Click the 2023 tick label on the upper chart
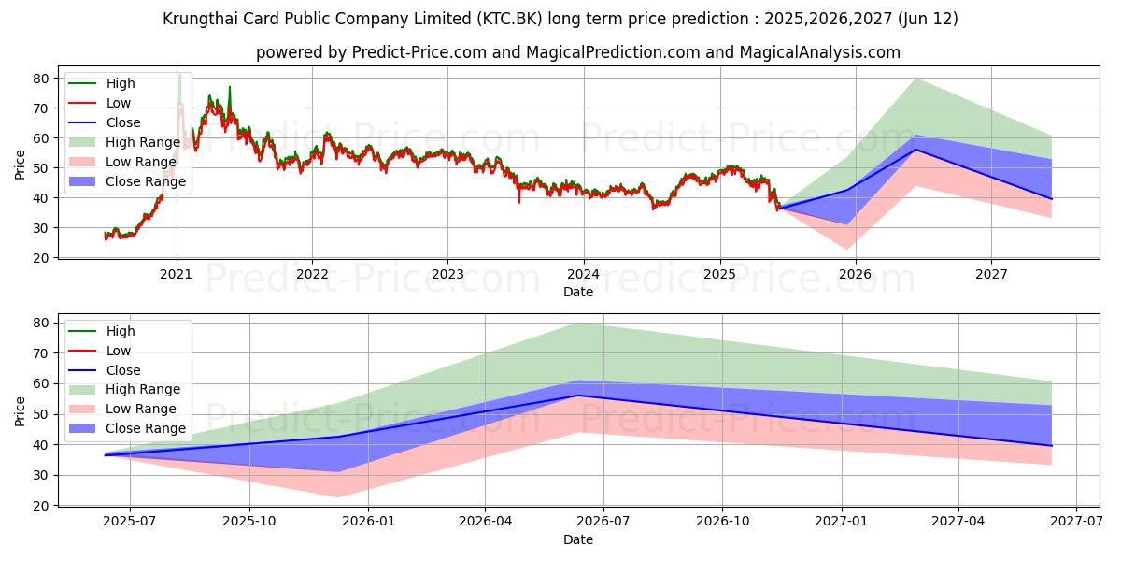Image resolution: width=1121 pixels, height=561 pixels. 447,274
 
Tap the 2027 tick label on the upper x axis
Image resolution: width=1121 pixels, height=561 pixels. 991,274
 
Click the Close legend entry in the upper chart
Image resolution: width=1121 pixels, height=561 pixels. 123,122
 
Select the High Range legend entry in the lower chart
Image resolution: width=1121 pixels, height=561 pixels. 143,389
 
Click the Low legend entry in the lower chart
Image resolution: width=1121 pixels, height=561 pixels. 119,351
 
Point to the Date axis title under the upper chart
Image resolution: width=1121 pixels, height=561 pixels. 577,292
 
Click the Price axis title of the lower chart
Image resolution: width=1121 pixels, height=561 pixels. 21,412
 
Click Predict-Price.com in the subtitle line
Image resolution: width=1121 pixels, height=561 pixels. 419,52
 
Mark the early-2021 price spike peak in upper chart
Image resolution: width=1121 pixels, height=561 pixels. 179,75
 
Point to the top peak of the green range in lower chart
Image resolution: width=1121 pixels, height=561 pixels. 577,323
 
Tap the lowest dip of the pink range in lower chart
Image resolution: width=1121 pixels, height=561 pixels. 337,497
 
